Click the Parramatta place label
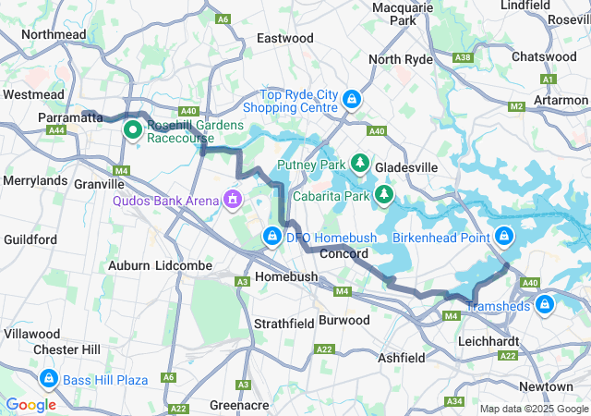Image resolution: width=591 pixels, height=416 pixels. click(x=70, y=118)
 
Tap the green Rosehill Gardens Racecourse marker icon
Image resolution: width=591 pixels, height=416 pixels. click(x=131, y=130)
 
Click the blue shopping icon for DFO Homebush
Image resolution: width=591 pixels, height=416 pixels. click(x=271, y=237)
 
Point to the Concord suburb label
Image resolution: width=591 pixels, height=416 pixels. click(x=344, y=253)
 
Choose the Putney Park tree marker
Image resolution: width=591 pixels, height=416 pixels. click(x=359, y=164)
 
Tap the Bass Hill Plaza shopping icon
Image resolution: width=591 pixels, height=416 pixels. click(x=48, y=379)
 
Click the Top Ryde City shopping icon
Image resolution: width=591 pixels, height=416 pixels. click(x=351, y=99)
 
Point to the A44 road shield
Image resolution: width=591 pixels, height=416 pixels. click(x=57, y=131)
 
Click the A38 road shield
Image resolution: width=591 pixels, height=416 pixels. click(x=464, y=57)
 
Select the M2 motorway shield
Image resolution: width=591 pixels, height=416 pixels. click(x=516, y=106)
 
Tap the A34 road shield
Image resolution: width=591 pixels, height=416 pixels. click(x=453, y=401)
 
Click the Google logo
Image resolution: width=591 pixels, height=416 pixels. click(x=30, y=404)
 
